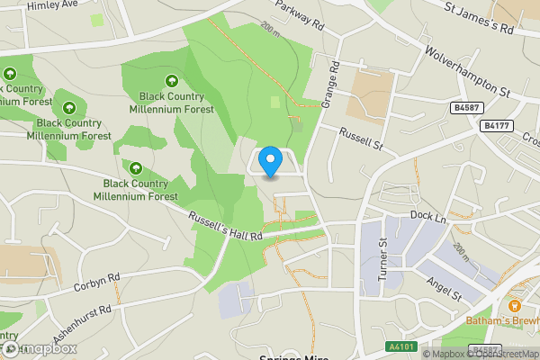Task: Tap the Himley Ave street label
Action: coord(52,6)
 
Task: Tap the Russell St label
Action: coord(361,139)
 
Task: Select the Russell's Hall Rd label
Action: coord(225,225)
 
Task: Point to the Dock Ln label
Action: coord(427,216)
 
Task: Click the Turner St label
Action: coord(382,259)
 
